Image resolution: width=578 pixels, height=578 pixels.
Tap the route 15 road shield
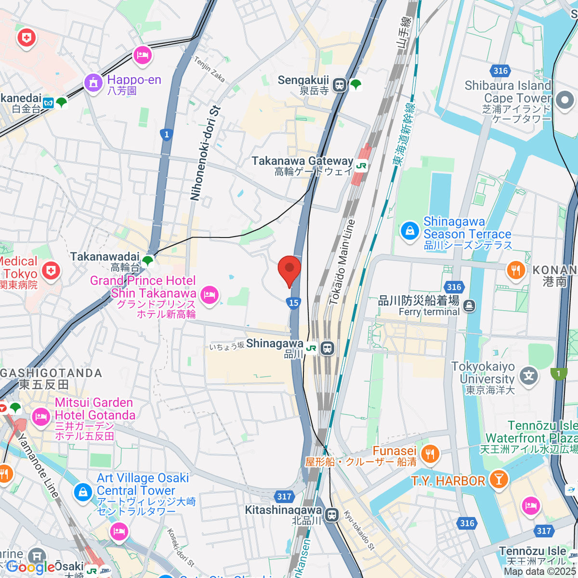pos(294,302)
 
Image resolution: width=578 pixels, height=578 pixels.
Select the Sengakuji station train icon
pos(340,85)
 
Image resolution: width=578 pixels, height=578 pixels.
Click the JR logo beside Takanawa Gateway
pos(361,166)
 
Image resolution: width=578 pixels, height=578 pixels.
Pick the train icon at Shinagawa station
pos(328,348)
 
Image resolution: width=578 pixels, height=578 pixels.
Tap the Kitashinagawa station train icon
pos(331,515)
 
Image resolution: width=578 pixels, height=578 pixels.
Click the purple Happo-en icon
pos(93,83)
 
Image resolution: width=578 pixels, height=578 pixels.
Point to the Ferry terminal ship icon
pos(470,305)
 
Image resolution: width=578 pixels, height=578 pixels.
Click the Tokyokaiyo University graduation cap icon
pos(529,375)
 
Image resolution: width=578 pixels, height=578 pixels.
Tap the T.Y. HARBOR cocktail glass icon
pos(498,479)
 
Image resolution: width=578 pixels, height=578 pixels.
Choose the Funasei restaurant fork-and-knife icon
pos(430,454)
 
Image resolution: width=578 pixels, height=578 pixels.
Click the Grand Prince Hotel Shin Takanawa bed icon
pos(210,295)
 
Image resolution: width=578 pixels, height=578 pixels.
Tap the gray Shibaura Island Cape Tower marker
pos(564,101)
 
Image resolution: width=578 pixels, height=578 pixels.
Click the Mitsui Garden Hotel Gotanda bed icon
pos(41,416)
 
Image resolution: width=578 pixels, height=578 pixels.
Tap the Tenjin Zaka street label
pos(210,69)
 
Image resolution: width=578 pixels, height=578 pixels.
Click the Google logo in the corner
pos(30,567)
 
